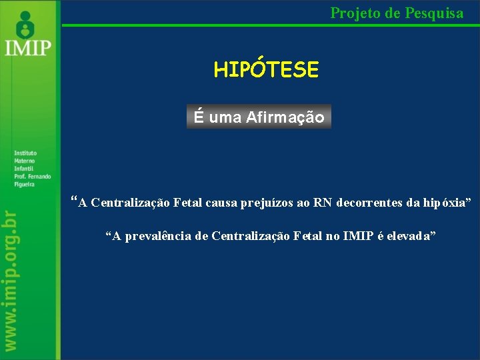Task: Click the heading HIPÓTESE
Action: coord(266,69)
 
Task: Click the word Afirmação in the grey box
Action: coord(285,118)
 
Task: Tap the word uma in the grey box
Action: coord(225,118)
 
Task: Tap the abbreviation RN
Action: coord(323,203)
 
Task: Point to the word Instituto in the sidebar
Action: coord(25,153)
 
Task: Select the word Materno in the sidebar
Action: coord(24,161)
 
